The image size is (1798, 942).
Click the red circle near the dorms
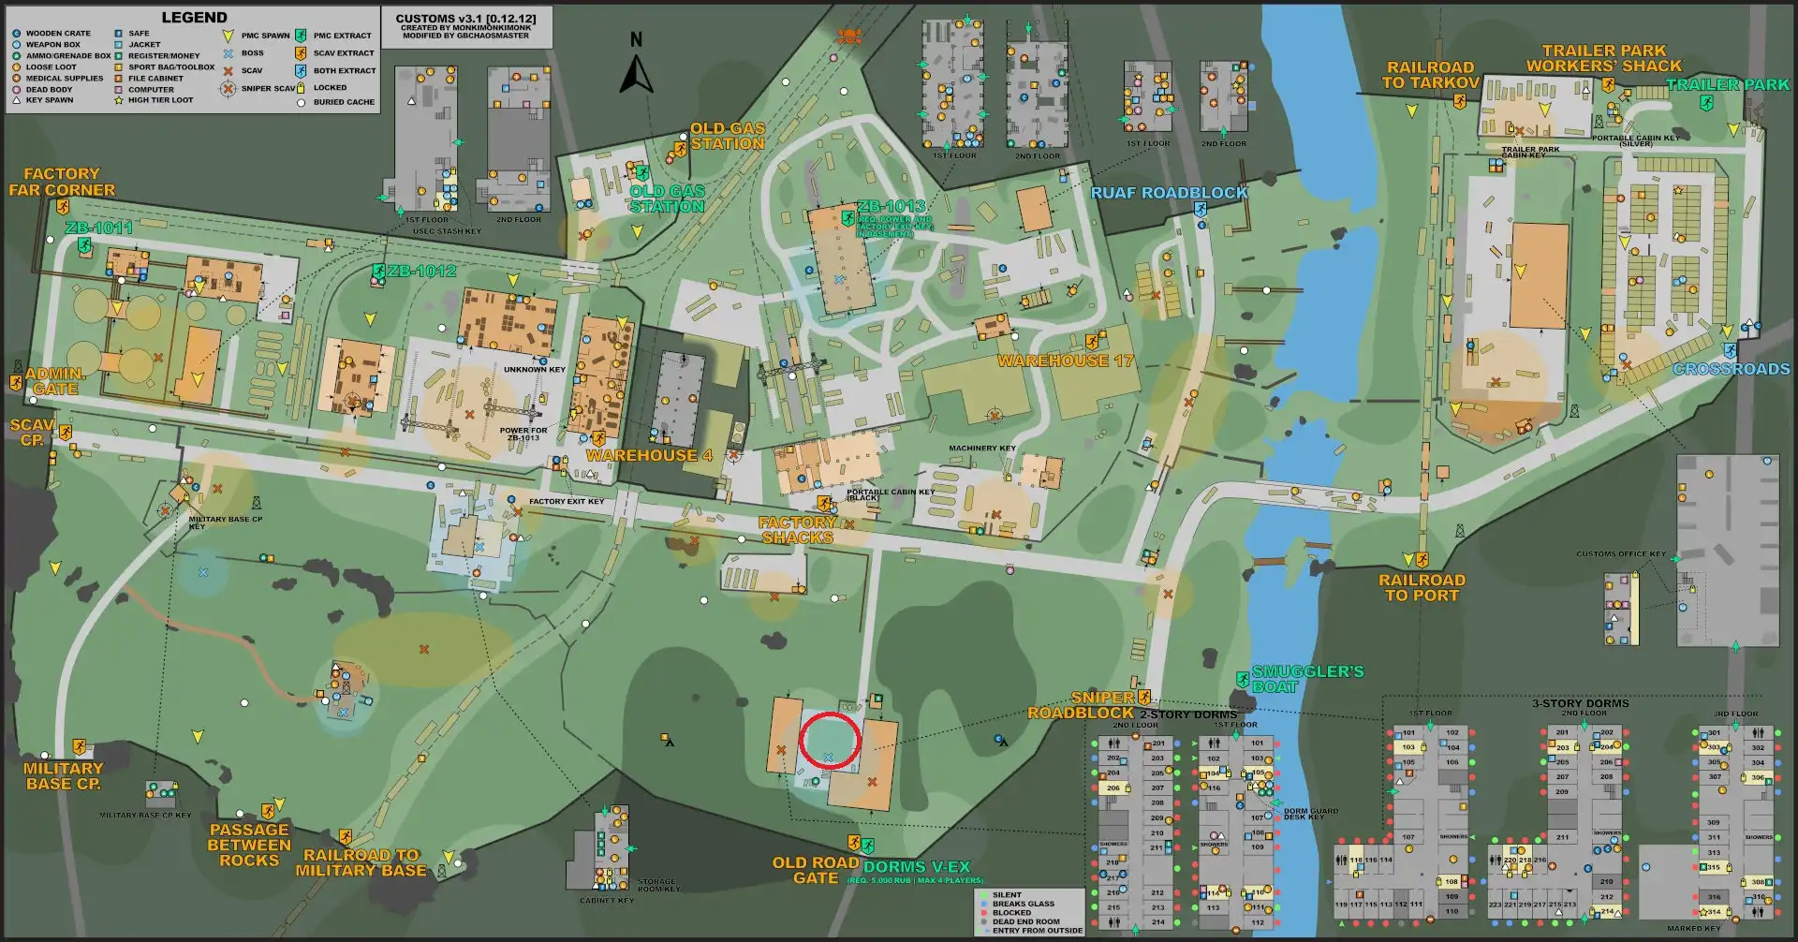pyautogui.click(x=830, y=741)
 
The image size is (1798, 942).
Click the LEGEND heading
pyautogui.click(x=194, y=18)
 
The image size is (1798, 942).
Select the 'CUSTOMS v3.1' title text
pyautogui.click(x=465, y=19)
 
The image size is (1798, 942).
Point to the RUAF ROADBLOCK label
pyautogui.click(x=1169, y=193)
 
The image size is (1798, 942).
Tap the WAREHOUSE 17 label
pyautogui.click(x=1065, y=361)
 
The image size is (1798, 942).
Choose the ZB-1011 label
pyautogui.click(x=99, y=228)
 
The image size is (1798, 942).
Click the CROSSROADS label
pyautogui.click(x=1731, y=369)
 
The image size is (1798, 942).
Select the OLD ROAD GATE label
pyautogui.click(x=815, y=870)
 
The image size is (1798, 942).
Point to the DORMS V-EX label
pyautogui.click(x=916, y=867)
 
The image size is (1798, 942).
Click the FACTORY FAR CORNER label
pyautogui.click(x=62, y=182)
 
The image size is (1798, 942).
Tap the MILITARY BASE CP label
pyautogui.click(x=63, y=775)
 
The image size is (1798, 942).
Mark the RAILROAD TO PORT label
pyautogui.click(x=1422, y=587)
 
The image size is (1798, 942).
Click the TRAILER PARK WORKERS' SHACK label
pyautogui.click(x=1603, y=58)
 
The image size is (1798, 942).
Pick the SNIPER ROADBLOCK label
pyautogui.click(x=1081, y=705)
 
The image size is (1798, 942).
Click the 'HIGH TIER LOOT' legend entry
pyautogui.click(x=160, y=100)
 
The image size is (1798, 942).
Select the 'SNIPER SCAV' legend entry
pyautogui.click(x=267, y=89)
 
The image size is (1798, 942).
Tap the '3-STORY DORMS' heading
pyautogui.click(x=1580, y=703)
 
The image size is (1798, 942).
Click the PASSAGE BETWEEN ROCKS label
pyautogui.click(x=249, y=845)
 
